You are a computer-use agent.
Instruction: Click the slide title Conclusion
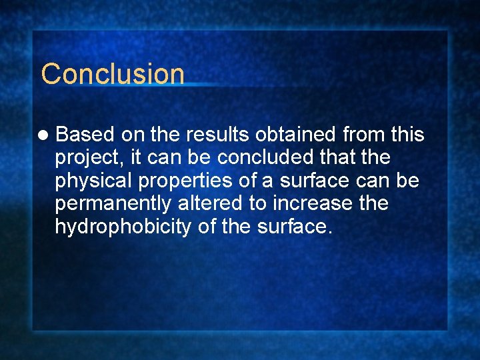(112, 73)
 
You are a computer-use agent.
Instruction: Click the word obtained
(299, 135)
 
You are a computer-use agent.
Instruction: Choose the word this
(407, 135)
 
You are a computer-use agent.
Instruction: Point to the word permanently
(112, 204)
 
